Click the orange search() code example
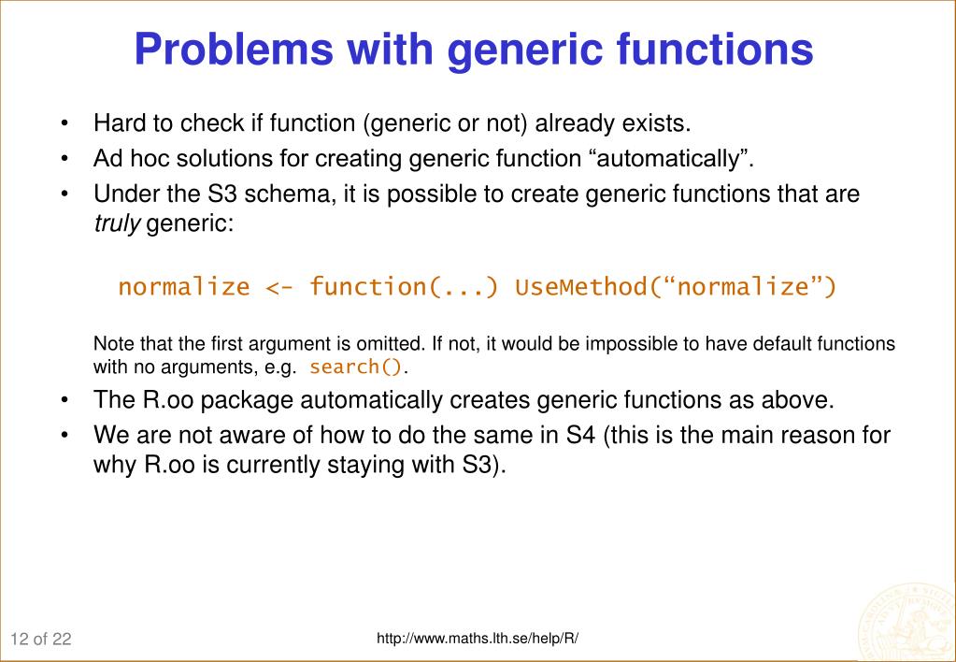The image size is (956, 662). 356,367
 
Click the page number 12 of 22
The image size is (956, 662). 42,640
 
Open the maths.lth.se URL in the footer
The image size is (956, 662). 478,639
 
